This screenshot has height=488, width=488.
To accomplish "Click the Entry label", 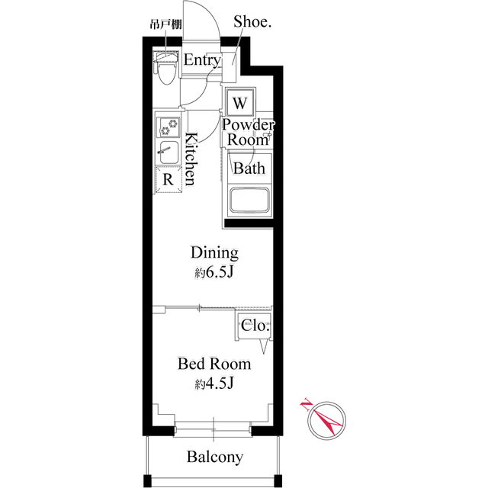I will (x=202, y=60).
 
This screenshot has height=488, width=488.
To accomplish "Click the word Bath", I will (x=249, y=168).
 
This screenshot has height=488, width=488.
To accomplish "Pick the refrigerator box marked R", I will (x=168, y=179).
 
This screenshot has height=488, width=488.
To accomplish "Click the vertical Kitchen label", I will (x=191, y=159).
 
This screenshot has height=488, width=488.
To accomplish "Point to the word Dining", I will (x=214, y=252).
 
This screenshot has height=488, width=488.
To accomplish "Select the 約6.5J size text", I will (x=213, y=273).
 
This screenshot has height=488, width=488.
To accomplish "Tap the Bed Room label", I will (x=214, y=364).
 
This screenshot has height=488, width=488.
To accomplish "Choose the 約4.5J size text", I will (x=213, y=384).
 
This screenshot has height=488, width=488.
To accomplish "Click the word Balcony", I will (x=215, y=457).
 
